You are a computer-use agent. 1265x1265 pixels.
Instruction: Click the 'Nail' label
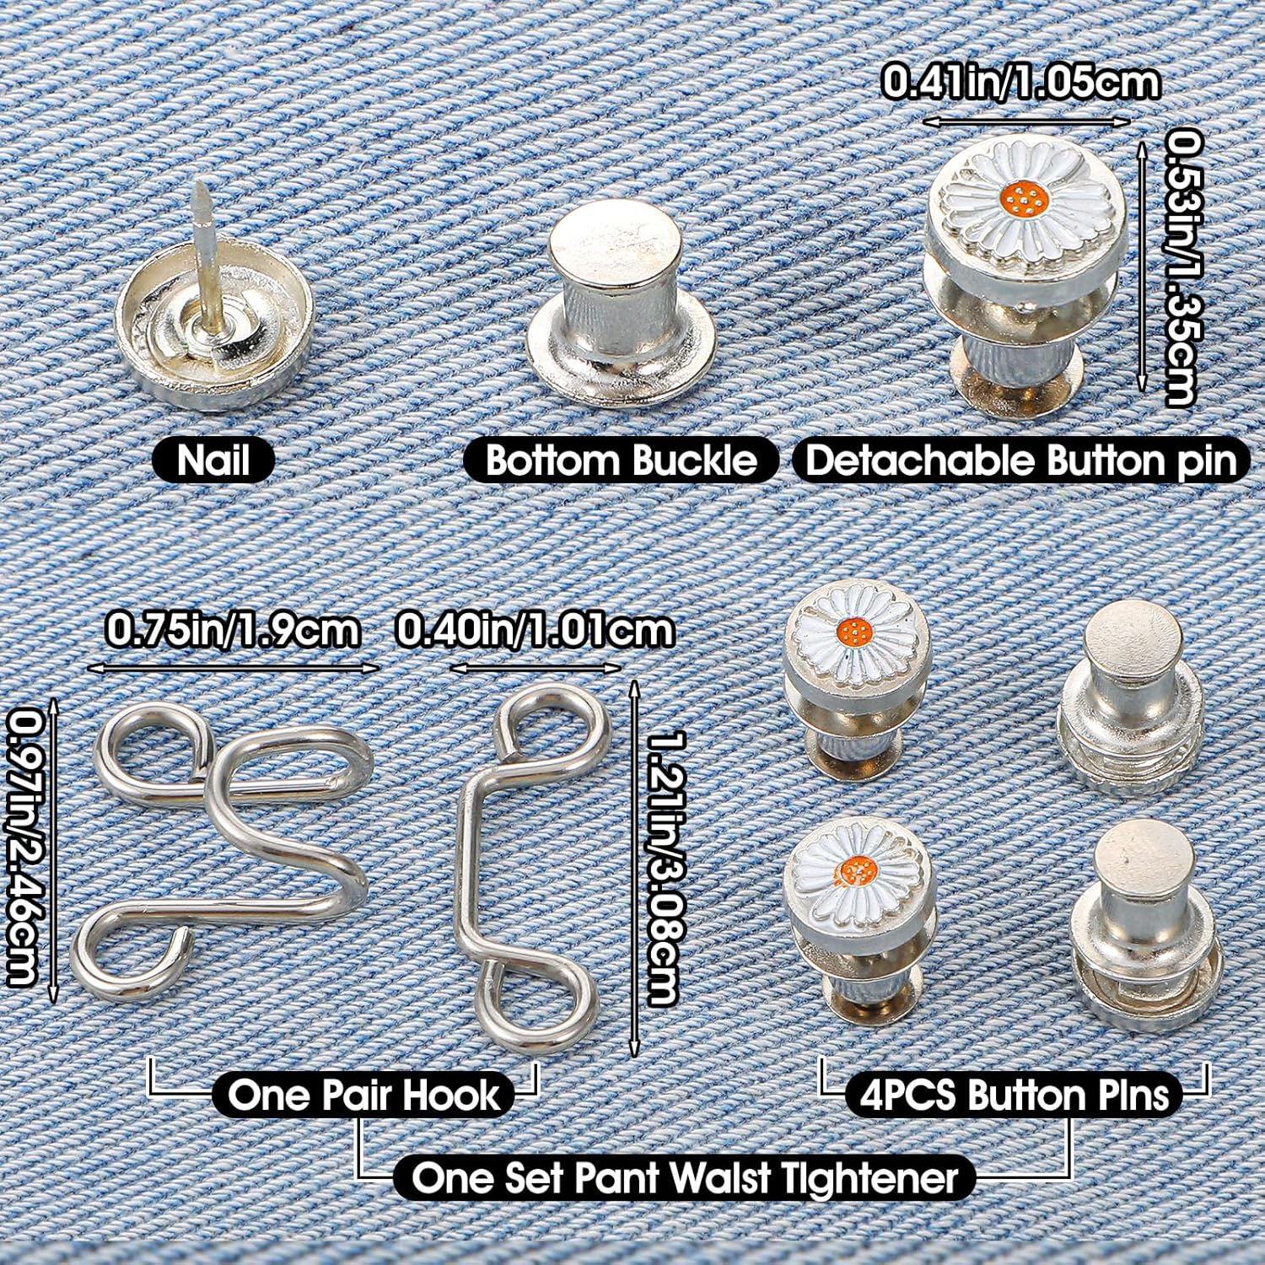(x=213, y=460)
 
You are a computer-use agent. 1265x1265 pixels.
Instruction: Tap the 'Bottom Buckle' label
(x=622, y=460)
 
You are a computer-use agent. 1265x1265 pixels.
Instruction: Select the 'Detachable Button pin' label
(x=1020, y=460)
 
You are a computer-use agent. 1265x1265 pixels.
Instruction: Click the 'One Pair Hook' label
(x=363, y=1095)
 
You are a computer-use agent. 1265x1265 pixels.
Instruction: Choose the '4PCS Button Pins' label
(x=1015, y=1095)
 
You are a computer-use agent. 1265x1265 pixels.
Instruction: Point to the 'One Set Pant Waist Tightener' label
(x=685, y=1177)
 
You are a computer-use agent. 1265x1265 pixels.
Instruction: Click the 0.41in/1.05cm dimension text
(x=1020, y=83)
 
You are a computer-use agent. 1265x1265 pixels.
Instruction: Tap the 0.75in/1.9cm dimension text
(x=233, y=630)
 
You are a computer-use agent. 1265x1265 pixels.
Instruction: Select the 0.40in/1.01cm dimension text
(x=535, y=630)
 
